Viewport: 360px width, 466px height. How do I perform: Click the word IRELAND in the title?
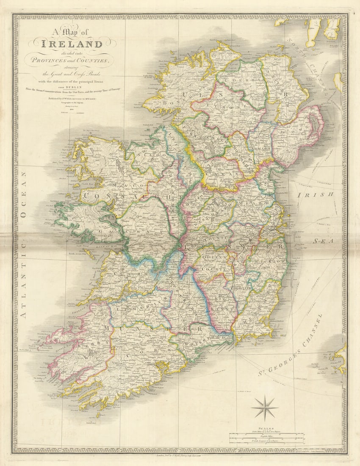click(x=72, y=44)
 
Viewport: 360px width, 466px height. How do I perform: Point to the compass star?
click(x=264, y=408)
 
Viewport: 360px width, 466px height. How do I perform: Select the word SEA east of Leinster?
click(x=324, y=241)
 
